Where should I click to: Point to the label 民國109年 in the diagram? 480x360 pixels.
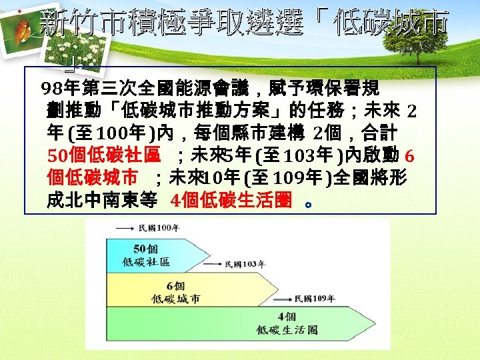tap(314, 298)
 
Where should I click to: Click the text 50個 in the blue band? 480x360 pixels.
tap(145, 249)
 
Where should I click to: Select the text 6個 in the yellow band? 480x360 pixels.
tap(176, 286)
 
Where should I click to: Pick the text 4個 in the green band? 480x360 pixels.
tap(287, 317)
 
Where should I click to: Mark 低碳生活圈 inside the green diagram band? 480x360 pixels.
tap(287, 330)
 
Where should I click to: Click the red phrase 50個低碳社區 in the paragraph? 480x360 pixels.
tap(104, 155)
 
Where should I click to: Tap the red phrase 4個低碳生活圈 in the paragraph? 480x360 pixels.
tap(231, 200)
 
